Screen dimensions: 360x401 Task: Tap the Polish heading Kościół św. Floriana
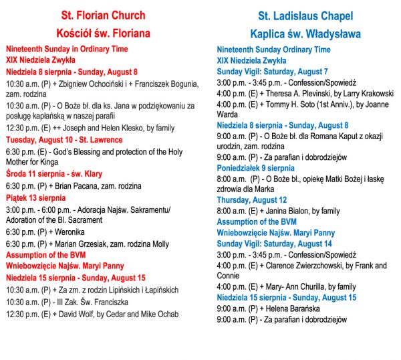pyautogui.click(x=103, y=33)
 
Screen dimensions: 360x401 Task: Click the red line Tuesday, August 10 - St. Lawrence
pyautogui.click(x=64, y=140)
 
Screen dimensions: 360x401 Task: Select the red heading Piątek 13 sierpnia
pyautogui.click(x=36, y=197)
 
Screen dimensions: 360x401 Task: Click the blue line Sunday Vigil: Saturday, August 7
pyautogui.click(x=272, y=71)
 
